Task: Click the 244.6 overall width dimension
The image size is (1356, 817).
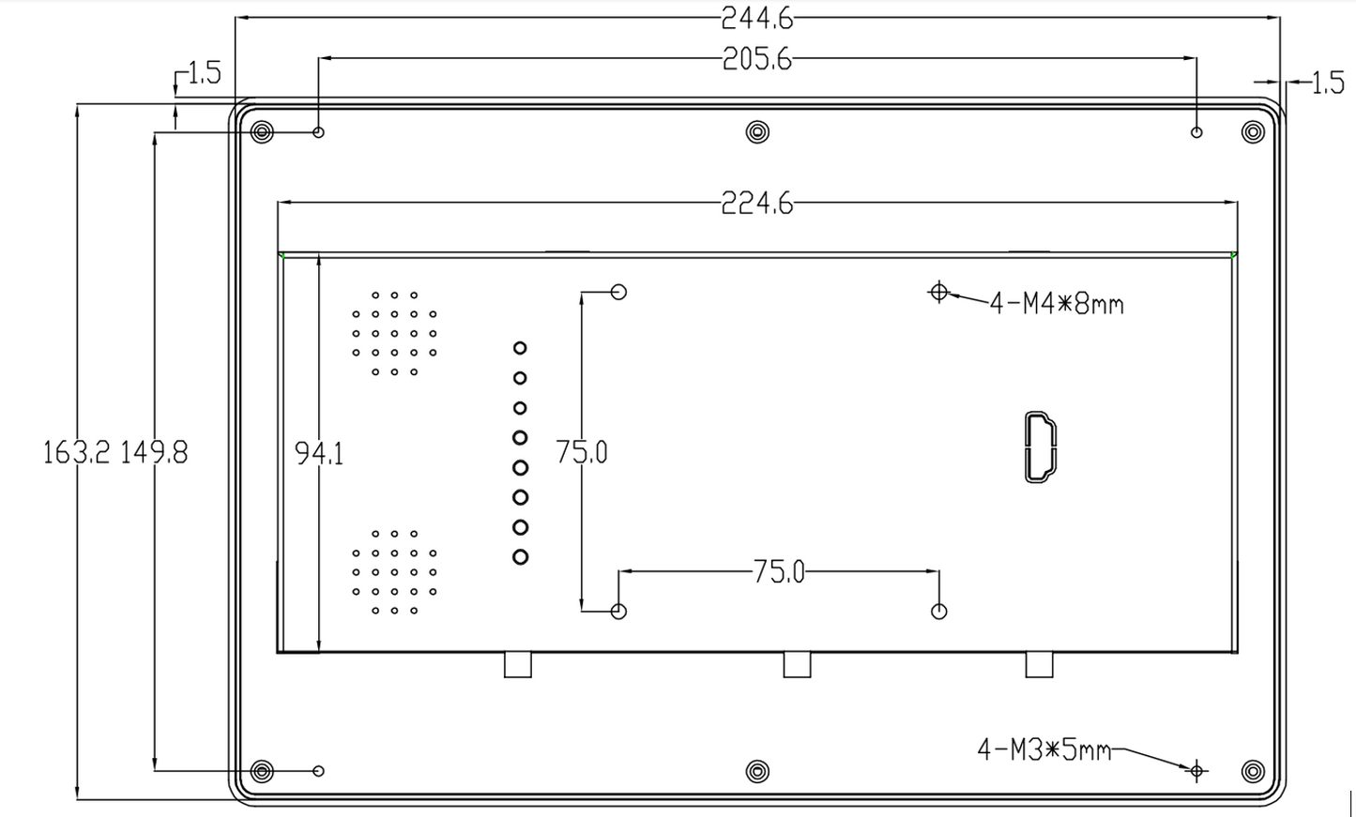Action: (x=756, y=17)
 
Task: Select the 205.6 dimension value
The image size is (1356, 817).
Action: (x=756, y=60)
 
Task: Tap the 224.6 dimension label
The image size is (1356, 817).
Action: (x=756, y=204)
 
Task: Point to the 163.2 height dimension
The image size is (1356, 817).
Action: (x=76, y=453)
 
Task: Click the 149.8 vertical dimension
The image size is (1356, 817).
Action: (x=154, y=453)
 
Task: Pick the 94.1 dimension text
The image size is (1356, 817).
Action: (x=319, y=454)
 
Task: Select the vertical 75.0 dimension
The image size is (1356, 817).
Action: (x=582, y=452)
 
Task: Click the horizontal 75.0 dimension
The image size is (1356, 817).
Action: (x=779, y=572)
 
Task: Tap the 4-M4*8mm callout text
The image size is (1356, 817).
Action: (x=1057, y=304)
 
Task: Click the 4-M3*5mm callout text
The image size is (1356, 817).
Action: (x=1044, y=750)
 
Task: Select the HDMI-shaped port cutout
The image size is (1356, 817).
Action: (x=1040, y=447)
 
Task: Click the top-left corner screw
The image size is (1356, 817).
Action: (x=263, y=131)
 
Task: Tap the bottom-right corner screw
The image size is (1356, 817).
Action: (x=1253, y=771)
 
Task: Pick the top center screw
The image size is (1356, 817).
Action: (x=757, y=131)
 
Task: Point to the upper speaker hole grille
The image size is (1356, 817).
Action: (x=394, y=333)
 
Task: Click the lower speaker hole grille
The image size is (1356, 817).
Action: (x=394, y=572)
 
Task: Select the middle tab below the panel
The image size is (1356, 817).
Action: (x=797, y=664)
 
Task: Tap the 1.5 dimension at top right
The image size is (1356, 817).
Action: (x=1327, y=83)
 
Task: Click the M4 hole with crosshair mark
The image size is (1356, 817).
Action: (x=938, y=292)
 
